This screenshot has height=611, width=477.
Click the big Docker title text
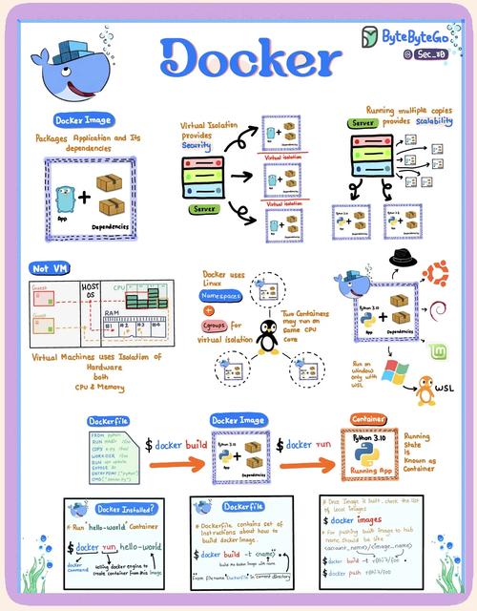click(x=251, y=59)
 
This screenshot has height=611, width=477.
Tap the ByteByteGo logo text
click(x=416, y=35)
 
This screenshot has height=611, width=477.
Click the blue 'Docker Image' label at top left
click(x=85, y=121)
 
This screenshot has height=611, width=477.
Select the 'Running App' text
click(x=369, y=471)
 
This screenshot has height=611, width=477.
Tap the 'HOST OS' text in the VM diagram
click(x=93, y=290)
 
